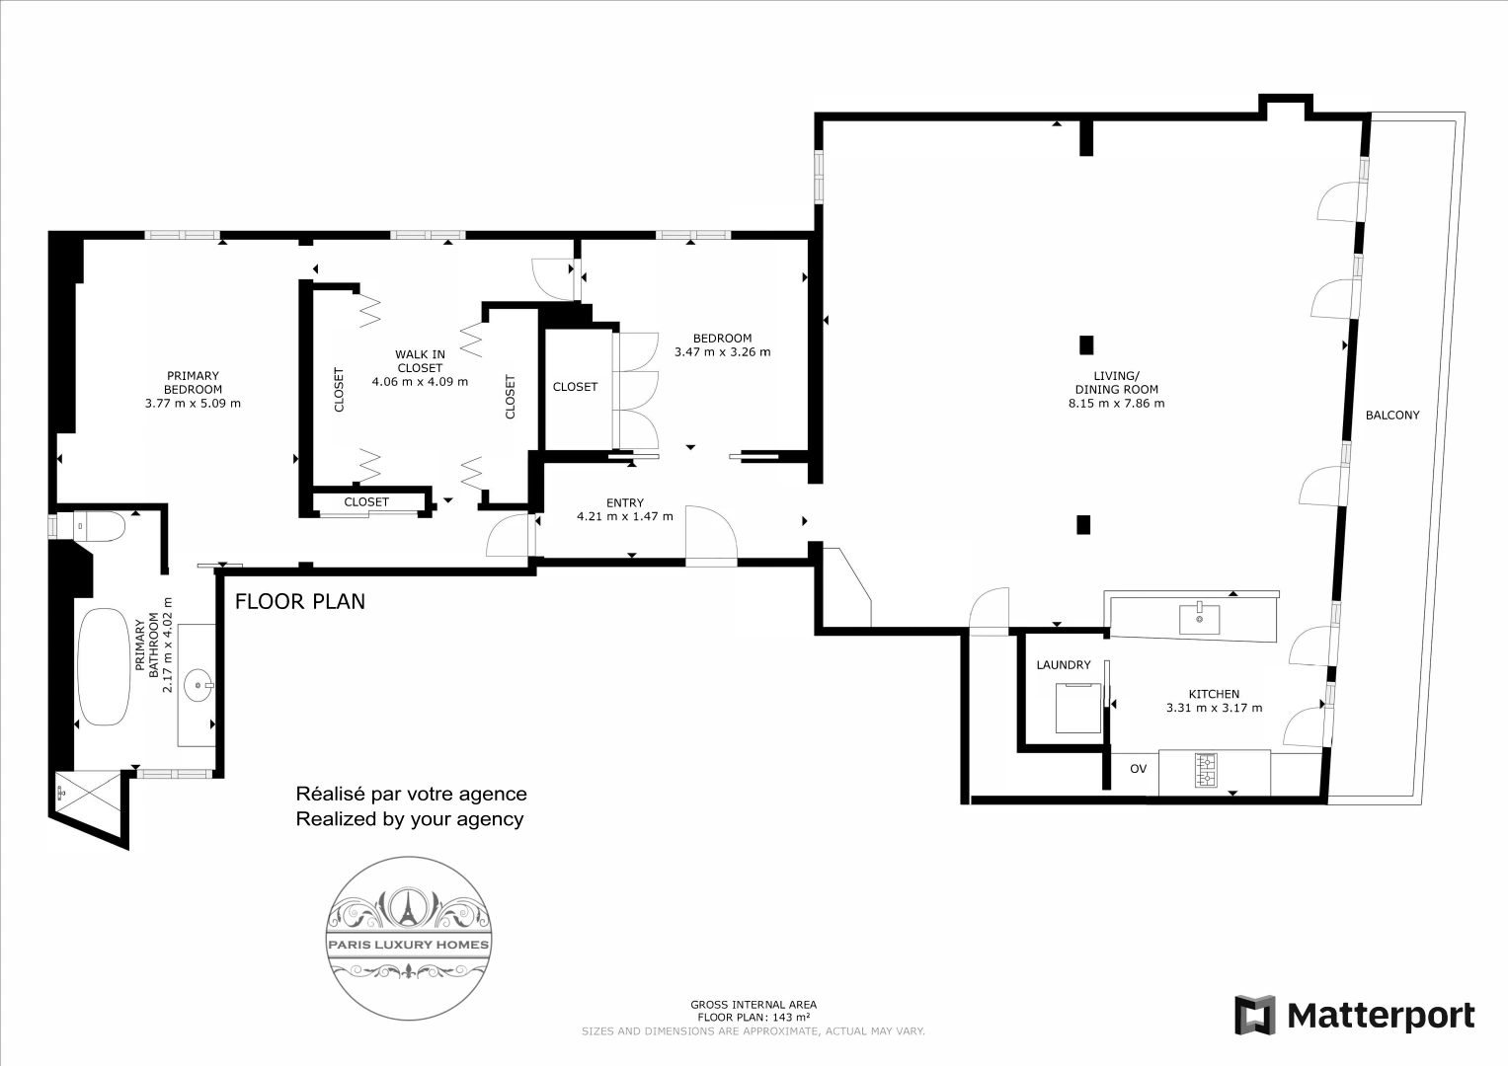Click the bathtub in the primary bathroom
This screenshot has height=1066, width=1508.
(x=104, y=667)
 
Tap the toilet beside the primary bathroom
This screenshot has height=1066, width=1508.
(x=99, y=526)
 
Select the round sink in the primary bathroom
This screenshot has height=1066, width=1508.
(x=198, y=685)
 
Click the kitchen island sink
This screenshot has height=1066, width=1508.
(x=1199, y=619)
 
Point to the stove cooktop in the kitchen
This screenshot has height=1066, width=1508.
(x=1205, y=771)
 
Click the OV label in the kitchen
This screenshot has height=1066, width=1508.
(x=1138, y=769)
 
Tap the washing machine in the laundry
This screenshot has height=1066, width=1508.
(x=1077, y=708)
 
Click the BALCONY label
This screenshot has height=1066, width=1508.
(x=1392, y=416)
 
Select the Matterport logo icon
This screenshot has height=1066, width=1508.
(x=1255, y=1015)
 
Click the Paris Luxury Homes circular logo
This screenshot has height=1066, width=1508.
(x=409, y=938)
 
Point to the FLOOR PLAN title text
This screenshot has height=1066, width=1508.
(x=299, y=602)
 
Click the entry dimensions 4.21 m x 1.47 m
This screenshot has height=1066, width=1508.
(x=625, y=517)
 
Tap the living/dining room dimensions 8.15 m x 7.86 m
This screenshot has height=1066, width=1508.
(x=1116, y=404)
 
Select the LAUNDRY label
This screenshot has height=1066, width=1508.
(x=1063, y=665)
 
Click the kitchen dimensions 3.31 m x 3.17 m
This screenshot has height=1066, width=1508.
(x=1214, y=708)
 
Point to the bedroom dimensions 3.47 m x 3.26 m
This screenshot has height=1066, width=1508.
(x=722, y=352)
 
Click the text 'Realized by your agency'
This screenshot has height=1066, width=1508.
(x=409, y=819)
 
